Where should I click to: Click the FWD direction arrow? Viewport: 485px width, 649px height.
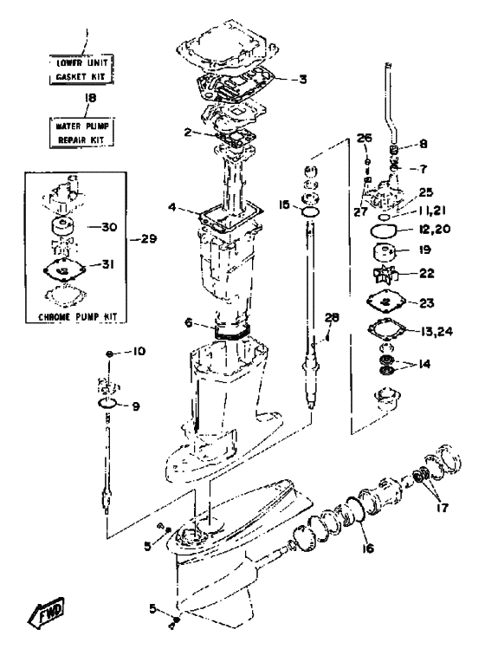pyautogui.click(x=46, y=613)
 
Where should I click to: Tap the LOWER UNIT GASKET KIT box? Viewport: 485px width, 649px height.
pyautogui.click(x=81, y=69)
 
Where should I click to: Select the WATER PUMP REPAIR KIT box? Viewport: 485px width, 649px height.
pyautogui.click(x=81, y=133)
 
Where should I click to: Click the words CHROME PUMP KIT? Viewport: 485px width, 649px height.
pyautogui.click(x=78, y=317)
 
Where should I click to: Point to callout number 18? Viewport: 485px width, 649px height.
pyautogui.click(x=90, y=98)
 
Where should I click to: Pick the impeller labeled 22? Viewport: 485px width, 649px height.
pyautogui.click(x=385, y=275)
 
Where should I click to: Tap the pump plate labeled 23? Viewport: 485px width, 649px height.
pyautogui.click(x=385, y=302)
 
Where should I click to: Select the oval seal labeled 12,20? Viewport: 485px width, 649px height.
pyautogui.click(x=383, y=231)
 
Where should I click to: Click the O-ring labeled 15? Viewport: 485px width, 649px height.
pyautogui.click(x=310, y=212)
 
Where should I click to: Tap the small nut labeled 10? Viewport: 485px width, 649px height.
pyautogui.click(x=110, y=354)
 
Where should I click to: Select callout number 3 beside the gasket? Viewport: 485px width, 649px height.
pyautogui.click(x=303, y=79)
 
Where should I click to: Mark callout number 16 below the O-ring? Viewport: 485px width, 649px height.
pyautogui.click(x=367, y=548)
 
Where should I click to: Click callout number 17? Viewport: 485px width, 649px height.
pyautogui.click(x=443, y=508)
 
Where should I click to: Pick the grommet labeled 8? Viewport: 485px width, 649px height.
pyautogui.click(x=394, y=149)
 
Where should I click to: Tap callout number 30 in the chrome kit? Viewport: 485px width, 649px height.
pyautogui.click(x=109, y=227)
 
